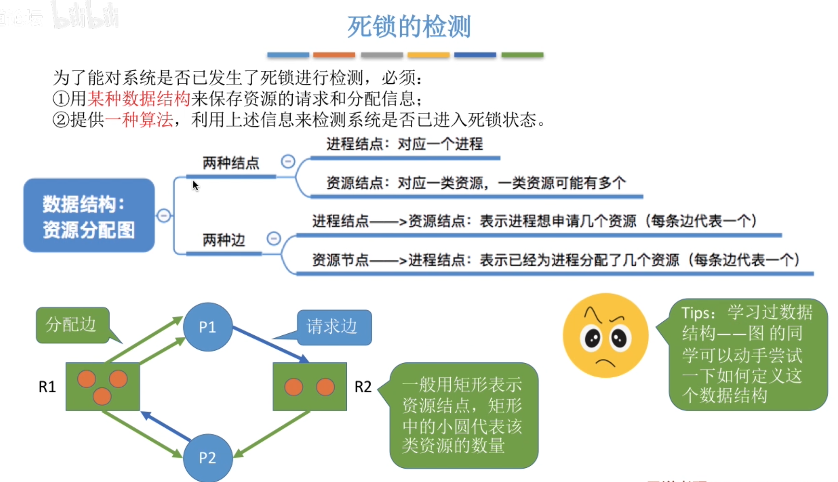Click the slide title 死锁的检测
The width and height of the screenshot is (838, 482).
[409, 27]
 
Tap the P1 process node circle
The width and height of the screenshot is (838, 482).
[208, 327]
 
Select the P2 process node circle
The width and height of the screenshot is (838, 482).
[208, 457]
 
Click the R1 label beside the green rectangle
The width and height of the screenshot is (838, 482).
[47, 387]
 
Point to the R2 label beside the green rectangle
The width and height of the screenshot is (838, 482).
[363, 387]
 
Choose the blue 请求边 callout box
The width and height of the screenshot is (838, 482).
[334, 327]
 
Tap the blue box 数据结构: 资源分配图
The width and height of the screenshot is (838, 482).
[89, 215]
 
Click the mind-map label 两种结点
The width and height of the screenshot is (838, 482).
[231, 163]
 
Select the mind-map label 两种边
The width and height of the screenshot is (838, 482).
[224, 240]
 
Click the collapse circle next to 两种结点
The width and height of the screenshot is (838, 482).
[288, 161]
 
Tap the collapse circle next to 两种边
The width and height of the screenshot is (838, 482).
[273, 238]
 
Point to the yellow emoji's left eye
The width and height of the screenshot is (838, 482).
[592, 337]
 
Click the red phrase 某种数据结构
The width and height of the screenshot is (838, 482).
[139, 99]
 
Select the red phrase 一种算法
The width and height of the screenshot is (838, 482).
[139, 120]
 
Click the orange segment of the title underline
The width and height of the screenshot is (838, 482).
[334, 55]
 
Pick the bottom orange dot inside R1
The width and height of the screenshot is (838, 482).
[102, 396]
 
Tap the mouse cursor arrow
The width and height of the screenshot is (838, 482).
[195, 185]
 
